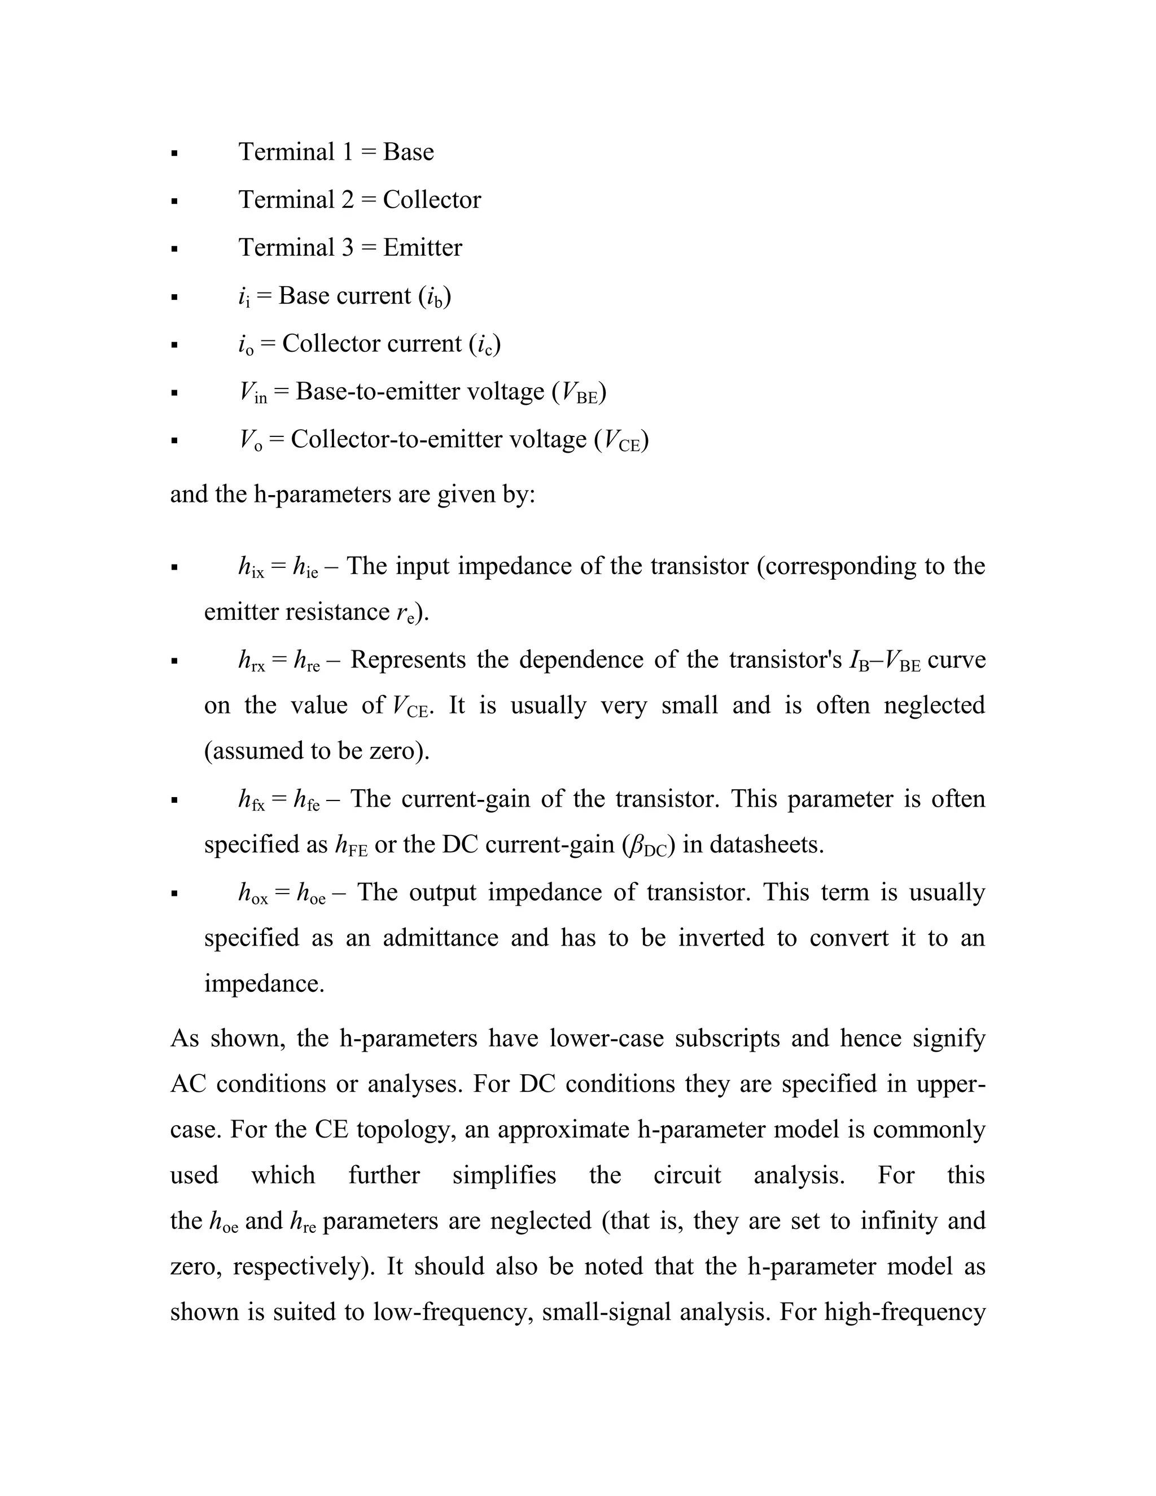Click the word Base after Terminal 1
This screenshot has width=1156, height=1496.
pos(408,152)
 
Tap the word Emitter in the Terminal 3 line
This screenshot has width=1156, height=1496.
pos(423,248)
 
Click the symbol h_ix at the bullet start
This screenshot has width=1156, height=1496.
pos(251,568)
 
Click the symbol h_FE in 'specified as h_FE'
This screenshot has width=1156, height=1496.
pos(351,847)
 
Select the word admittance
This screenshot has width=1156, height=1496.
pos(440,938)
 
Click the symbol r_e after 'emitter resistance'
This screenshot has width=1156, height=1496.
pos(405,613)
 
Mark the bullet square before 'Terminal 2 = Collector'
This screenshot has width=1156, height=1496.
pos(174,202)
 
